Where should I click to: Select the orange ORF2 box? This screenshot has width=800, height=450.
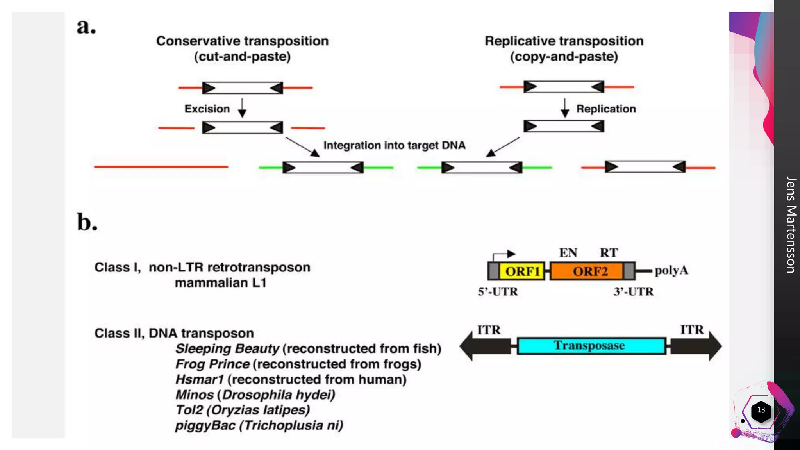point(590,271)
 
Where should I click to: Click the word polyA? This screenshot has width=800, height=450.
point(671,270)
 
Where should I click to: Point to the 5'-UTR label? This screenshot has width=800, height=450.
point(498,292)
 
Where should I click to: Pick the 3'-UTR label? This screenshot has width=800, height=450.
point(633,292)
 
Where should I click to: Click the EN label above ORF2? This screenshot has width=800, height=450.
point(568,253)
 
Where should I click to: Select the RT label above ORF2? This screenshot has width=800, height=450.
point(609,253)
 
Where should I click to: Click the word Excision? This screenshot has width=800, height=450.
point(207,109)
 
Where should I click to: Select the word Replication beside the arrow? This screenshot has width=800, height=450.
point(606,109)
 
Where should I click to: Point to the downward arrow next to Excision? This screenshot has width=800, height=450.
point(242,108)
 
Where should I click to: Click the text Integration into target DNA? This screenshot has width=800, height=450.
point(394,145)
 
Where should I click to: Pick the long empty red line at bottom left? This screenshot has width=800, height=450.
point(161,167)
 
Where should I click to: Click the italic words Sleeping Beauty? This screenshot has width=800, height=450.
point(227,348)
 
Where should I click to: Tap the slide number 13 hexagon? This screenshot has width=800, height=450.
point(761,410)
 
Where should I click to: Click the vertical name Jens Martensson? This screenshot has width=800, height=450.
point(791,225)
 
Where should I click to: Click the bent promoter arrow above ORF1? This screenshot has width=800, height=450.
point(504,255)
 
